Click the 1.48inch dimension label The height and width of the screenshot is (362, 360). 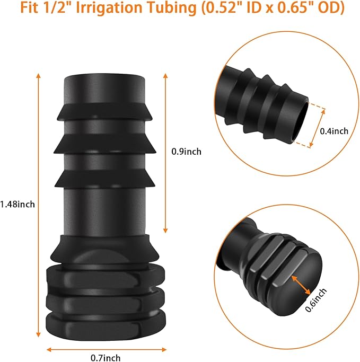[x=17, y=204]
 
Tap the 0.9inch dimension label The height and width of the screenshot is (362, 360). [x=186, y=151]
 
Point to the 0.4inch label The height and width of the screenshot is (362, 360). [x=334, y=131]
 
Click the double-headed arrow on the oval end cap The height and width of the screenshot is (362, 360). [x=301, y=285]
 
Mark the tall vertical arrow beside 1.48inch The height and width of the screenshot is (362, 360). [x=38, y=204]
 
